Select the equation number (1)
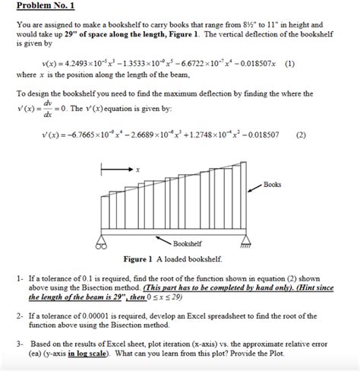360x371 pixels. point(291,65)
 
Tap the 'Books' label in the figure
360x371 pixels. point(273,184)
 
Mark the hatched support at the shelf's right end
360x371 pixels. point(245,244)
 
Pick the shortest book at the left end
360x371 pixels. point(104,217)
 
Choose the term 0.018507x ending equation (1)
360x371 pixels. point(254,65)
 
